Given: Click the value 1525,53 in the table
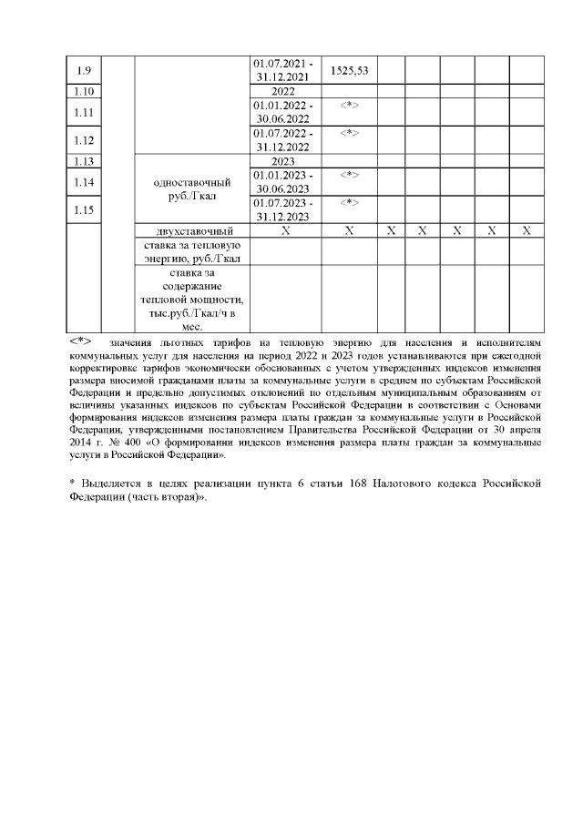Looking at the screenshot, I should [349, 70].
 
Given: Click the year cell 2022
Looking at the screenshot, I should [284, 92].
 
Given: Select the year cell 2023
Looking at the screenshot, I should [284, 161].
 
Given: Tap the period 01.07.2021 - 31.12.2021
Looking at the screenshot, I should [284, 70].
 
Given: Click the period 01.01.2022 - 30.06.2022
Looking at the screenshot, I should [284, 113].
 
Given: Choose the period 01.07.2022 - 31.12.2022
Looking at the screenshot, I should [284, 140].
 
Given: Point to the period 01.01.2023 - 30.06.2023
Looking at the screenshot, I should [284, 182].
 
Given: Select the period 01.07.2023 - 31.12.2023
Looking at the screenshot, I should [284, 209].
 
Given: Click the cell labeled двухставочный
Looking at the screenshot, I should [191, 231].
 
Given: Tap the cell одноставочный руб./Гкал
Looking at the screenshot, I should [191, 188].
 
